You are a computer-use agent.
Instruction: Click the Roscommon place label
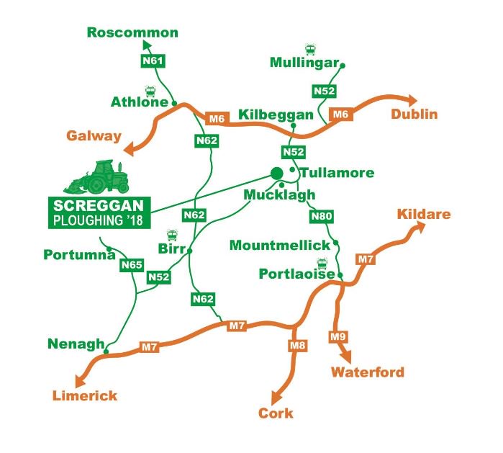132,32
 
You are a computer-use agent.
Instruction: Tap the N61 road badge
152,62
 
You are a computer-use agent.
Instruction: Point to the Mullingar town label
304,63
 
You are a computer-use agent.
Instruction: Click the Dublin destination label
414,115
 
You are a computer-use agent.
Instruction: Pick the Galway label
94,135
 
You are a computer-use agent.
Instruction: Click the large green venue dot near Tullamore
276,172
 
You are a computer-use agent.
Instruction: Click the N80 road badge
321,216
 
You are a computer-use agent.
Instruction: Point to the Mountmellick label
279,246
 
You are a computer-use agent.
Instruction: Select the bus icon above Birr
173,236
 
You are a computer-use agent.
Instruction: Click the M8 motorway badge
297,346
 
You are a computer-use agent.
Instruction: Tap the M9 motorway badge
337,336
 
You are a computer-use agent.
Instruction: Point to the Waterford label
367,372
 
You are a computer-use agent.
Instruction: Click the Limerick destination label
84,395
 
